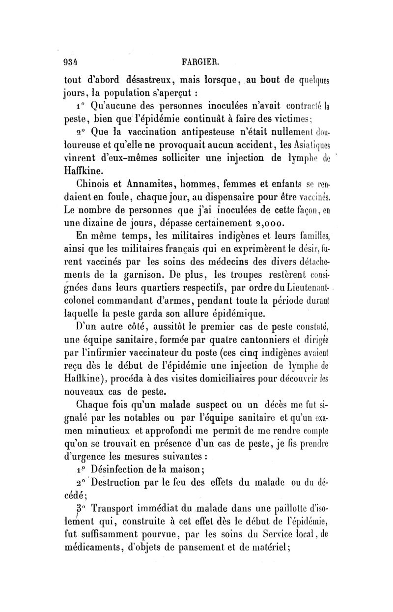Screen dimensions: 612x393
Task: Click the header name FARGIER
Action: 200,62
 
